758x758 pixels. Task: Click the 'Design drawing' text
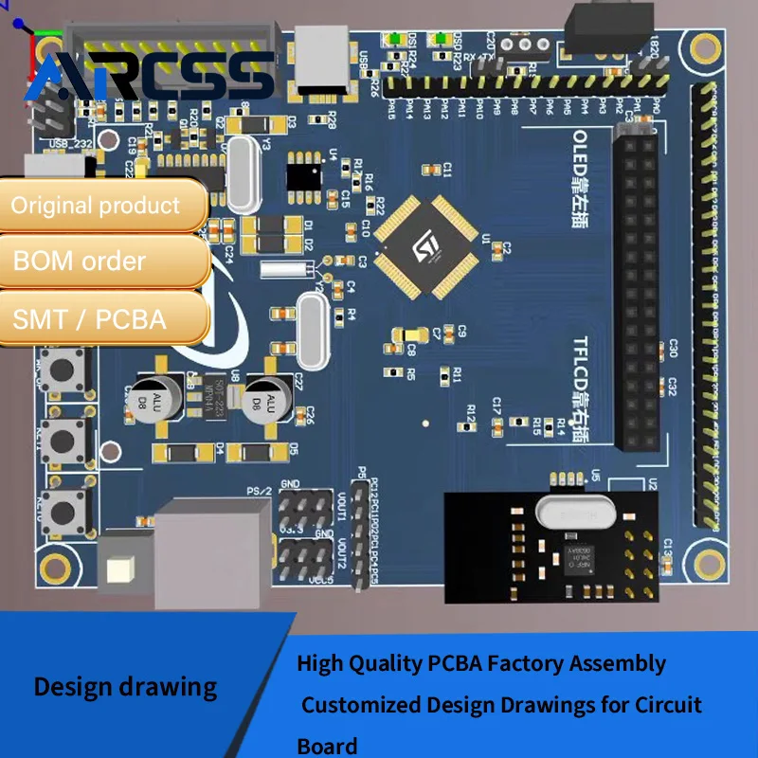pos(125,686)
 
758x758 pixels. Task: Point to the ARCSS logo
pos(152,76)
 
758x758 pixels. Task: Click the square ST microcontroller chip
pos(425,246)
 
